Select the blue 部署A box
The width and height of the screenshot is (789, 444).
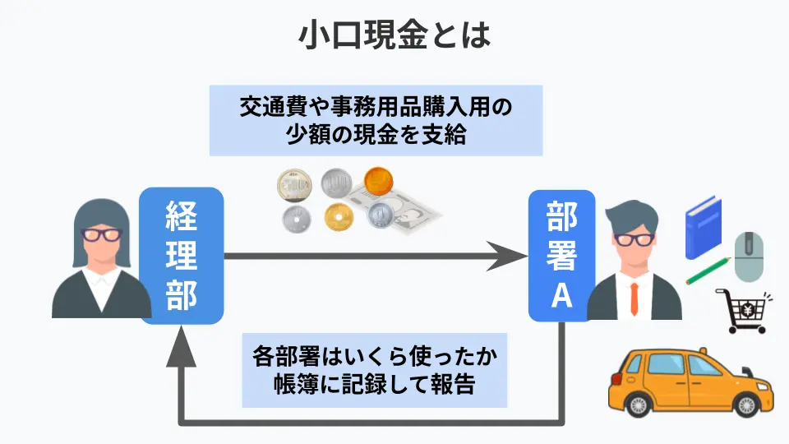tap(561, 255)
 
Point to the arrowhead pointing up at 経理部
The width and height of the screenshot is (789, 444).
tap(182, 345)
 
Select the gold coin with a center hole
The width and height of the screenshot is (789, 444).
tap(339, 218)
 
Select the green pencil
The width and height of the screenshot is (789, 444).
tap(708, 272)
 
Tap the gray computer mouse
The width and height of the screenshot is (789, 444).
tap(749, 256)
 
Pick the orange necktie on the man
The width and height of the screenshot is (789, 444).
tap(633, 300)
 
